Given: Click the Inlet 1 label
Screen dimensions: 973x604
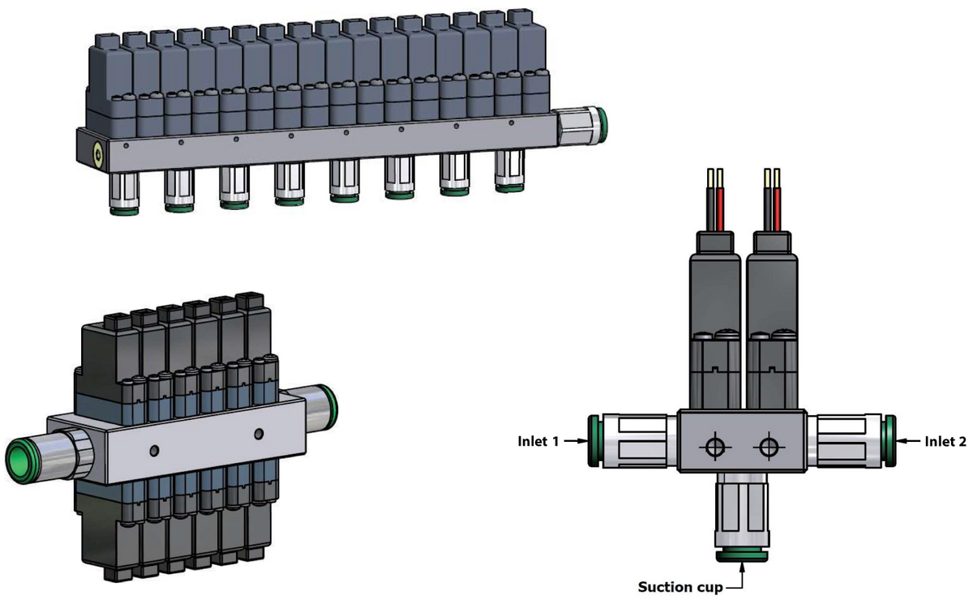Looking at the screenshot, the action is click(x=538, y=441).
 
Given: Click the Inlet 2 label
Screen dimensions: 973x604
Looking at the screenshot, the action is click(x=945, y=441).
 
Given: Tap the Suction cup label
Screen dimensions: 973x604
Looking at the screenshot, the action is click(x=680, y=587).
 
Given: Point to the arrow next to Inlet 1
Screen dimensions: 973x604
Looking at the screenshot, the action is click(x=576, y=441).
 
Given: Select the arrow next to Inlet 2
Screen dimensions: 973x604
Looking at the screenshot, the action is click(x=908, y=441).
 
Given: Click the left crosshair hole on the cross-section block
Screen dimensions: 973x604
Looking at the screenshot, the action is click(x=715, y=447).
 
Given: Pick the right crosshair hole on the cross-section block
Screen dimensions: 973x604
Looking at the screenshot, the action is click(x=769, y=447).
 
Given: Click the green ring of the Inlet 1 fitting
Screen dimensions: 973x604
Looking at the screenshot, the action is click(x=594, y=441).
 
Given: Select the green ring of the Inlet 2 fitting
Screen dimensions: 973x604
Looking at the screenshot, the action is click(x=889, y=441).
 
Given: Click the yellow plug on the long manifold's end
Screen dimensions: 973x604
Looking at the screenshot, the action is click(x=98, y=154).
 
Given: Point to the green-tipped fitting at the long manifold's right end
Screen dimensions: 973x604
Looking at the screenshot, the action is click(x=583, y=126).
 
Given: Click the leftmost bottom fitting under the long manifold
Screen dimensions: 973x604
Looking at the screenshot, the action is click(x=124, y=194).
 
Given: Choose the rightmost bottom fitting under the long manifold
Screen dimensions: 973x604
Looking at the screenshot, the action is click(x=510, y=171).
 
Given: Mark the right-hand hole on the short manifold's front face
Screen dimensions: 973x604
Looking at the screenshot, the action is click(x=259, y=434).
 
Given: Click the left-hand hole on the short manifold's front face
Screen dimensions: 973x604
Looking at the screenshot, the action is click(x=154, y=451).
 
